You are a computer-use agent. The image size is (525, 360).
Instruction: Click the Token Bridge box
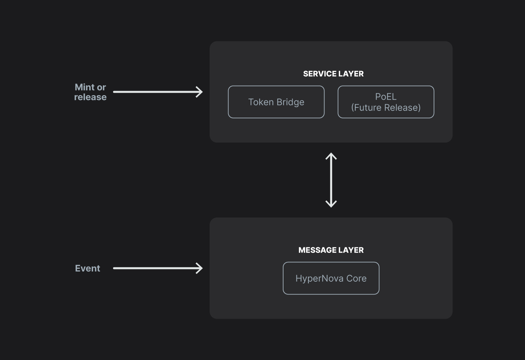276,102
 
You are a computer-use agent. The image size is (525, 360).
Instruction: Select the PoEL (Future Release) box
386,102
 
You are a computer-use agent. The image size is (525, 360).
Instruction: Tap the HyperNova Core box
331,278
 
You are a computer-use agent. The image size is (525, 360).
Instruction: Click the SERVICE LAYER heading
333,74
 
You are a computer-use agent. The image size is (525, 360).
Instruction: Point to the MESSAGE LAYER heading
331,250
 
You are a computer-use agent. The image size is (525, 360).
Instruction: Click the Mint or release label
90,92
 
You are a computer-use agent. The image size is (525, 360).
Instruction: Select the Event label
87,268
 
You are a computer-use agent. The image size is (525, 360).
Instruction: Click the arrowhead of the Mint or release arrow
200,92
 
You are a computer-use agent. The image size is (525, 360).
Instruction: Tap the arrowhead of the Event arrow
200,268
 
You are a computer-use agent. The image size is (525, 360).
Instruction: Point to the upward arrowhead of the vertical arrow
331,156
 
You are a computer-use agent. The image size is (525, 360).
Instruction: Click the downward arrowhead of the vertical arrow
331,204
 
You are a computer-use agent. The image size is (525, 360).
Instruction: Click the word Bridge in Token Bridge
290,102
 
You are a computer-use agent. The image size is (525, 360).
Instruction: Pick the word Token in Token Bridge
261,102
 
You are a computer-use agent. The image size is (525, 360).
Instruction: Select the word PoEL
386,97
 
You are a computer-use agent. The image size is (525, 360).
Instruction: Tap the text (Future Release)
386,107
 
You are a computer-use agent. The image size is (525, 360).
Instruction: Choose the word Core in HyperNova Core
356,278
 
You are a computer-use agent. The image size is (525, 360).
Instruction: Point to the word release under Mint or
90,97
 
